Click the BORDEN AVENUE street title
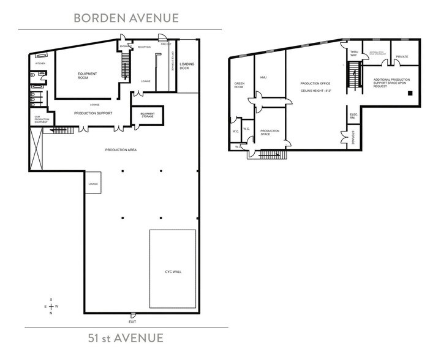[x=126, y=17]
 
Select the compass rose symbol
[x=51, y=306]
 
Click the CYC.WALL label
[x=173, y=271]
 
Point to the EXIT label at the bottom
[x=132, y=321]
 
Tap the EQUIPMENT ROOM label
[x=88, y=76]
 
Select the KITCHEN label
[x=40, y=63]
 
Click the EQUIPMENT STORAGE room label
[x=147, y=114]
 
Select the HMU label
[x=263, y=78]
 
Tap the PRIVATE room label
[x=402, y=56]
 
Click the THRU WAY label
[x=353, y=54]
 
